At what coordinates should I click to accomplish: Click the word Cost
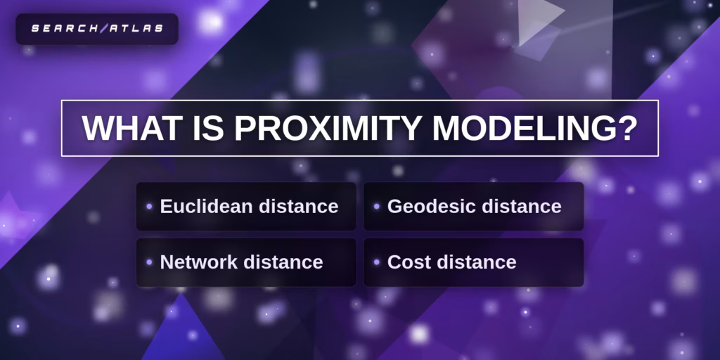(409, 262)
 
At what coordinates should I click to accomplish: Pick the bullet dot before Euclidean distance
(149, 207)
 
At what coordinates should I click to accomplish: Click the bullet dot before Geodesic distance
(377, 207)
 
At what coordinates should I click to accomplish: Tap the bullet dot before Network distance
(149, 262)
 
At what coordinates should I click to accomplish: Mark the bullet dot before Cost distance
(377, 262)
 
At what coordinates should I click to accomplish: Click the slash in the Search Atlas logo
(104, 28)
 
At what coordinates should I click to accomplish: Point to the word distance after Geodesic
(521, 207)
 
